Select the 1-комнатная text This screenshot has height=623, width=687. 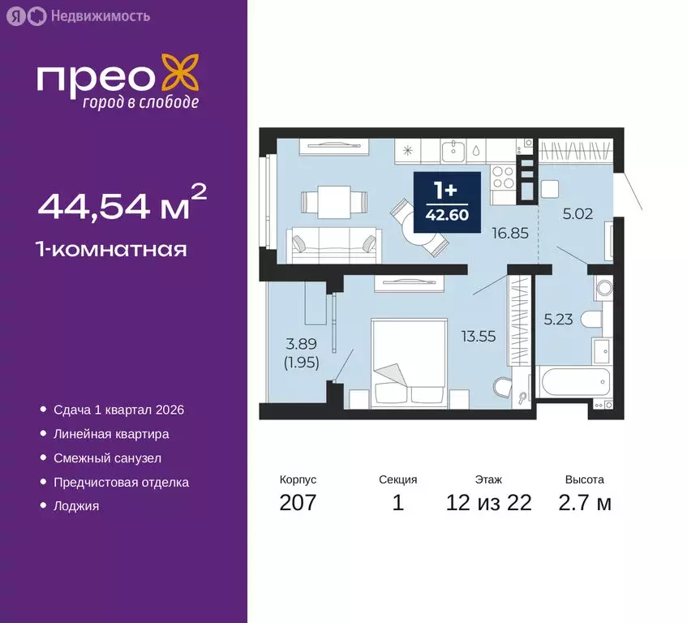click(112, 249)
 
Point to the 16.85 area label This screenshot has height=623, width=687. click(509, 233)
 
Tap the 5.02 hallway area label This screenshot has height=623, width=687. click(579, 215)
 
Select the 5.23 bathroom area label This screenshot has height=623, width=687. click(559, 319)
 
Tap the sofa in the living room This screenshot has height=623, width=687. click(333, 241)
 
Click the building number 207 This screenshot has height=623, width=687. click(298, 503)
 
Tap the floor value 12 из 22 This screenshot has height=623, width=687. click(488, 503)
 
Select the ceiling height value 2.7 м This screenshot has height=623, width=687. click(584, 503)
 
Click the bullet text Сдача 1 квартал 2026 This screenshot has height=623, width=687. click(118, 410)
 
